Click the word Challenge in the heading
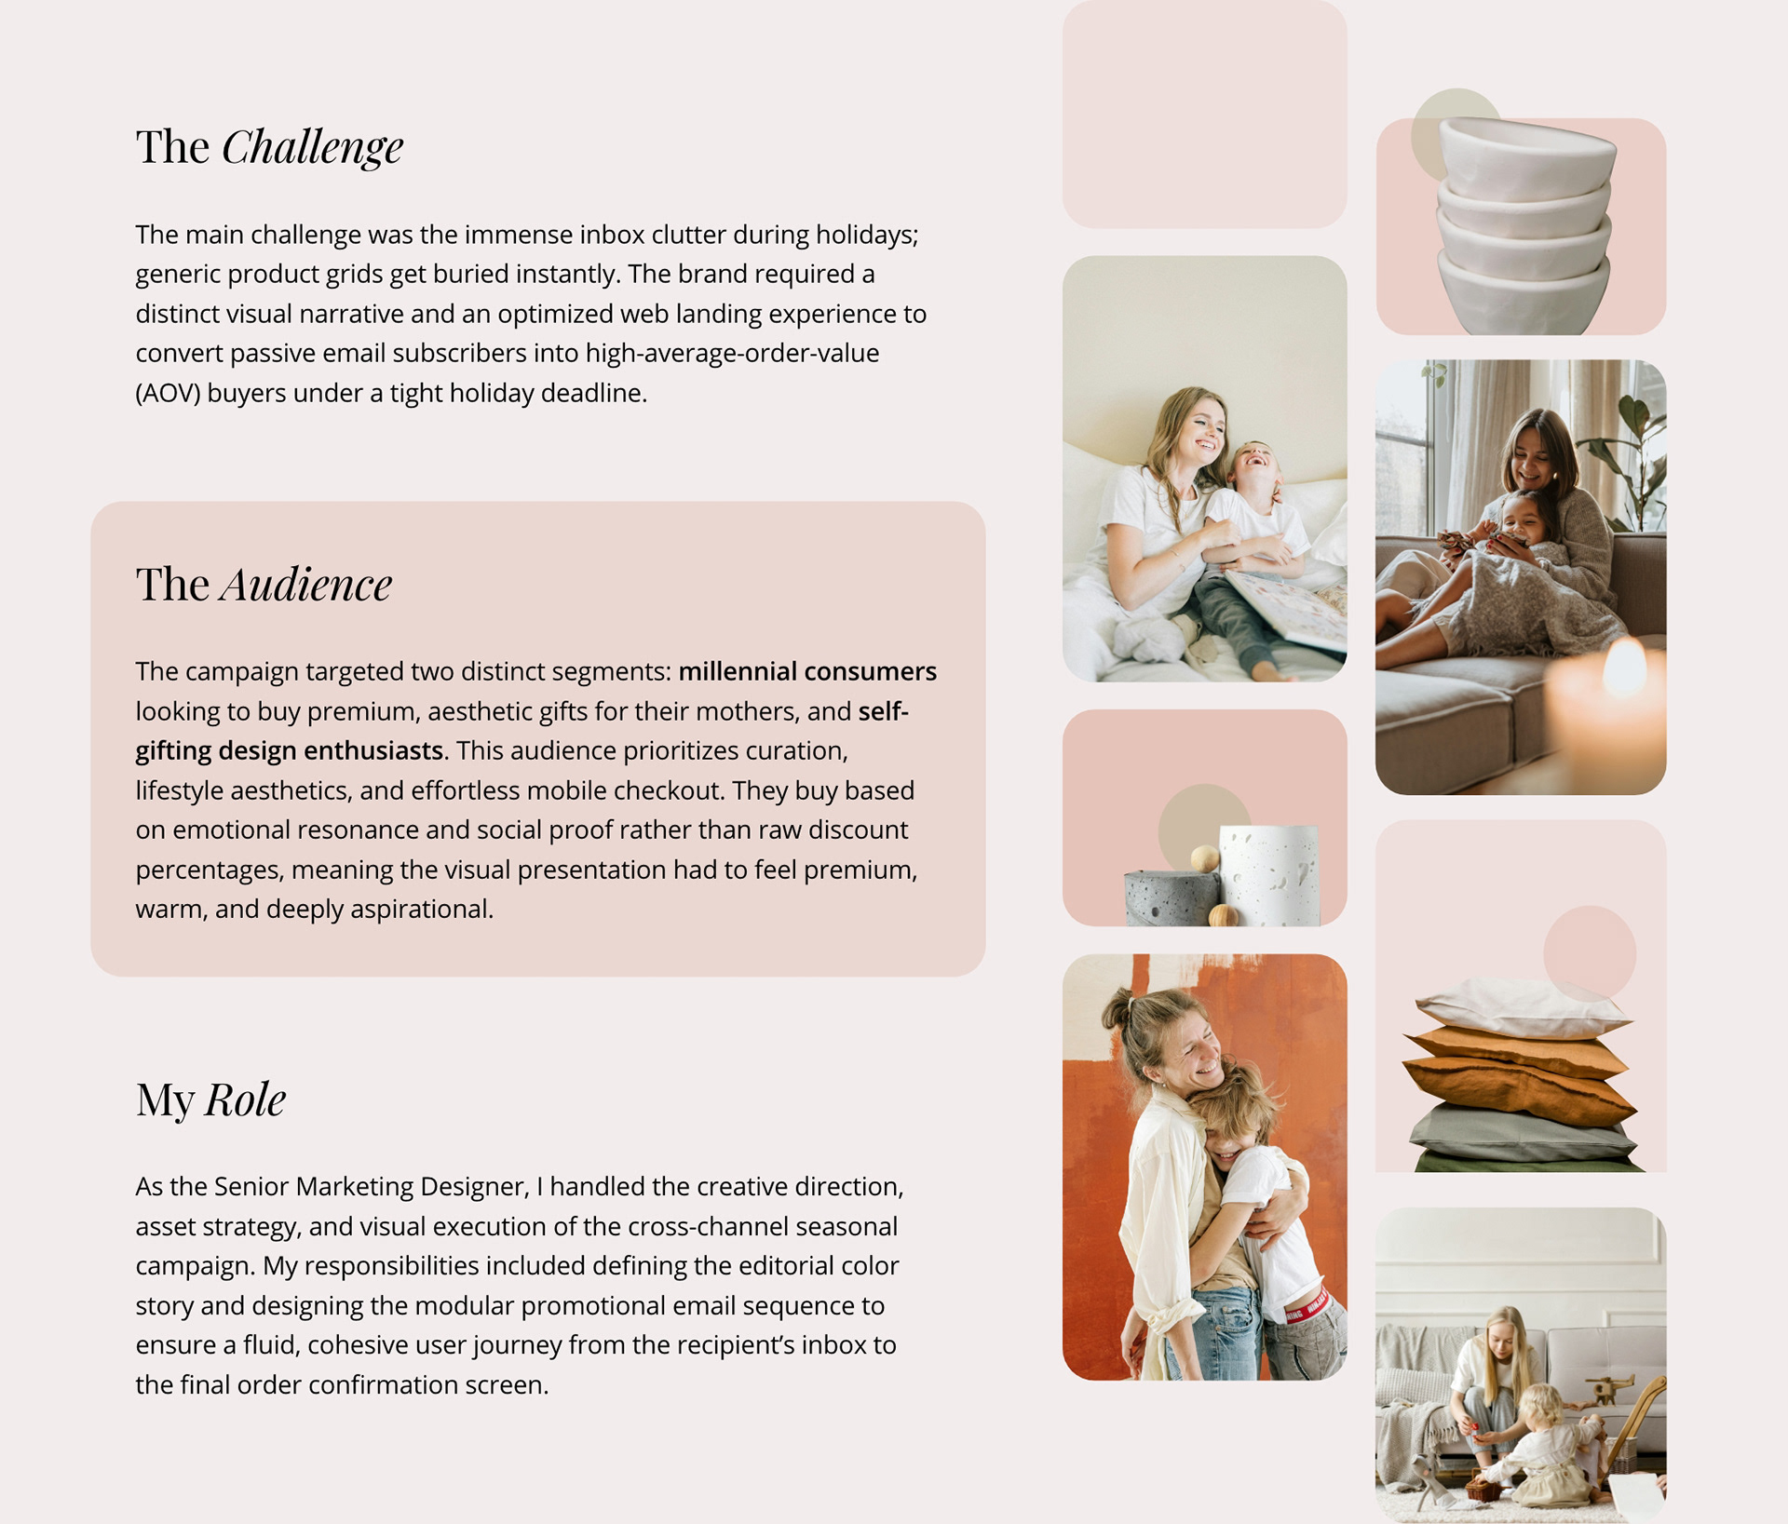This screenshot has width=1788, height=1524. [312, 148]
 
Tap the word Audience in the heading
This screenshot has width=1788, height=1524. [305, 585]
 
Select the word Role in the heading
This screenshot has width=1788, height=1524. [245, 1099]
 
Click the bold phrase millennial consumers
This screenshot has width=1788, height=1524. [807, 671]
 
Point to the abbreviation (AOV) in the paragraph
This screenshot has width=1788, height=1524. [168, 393]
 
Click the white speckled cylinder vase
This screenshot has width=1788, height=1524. [1269, 875]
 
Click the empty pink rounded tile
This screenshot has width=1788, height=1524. [1204, 113]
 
